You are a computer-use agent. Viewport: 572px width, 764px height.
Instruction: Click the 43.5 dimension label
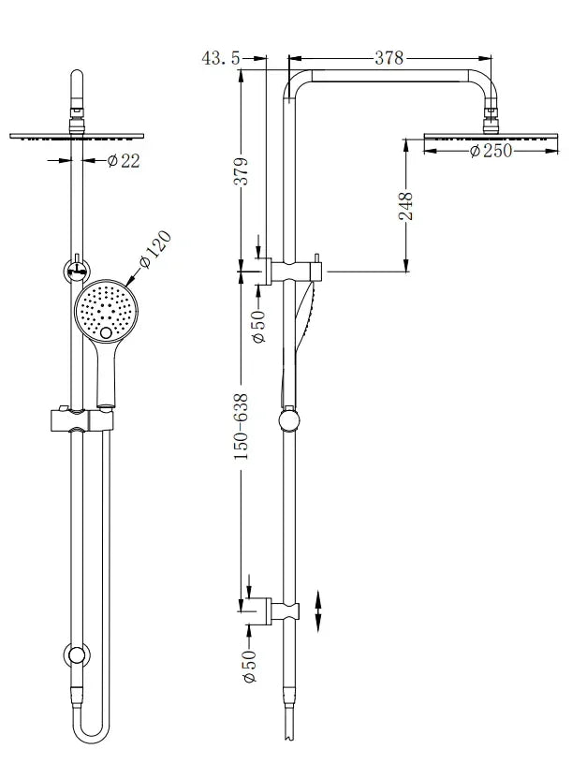221,58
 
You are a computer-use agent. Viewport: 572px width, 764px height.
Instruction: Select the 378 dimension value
389,58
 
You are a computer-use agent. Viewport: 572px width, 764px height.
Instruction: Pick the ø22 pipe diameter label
124,161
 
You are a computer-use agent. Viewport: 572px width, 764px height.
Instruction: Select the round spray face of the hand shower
106,309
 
